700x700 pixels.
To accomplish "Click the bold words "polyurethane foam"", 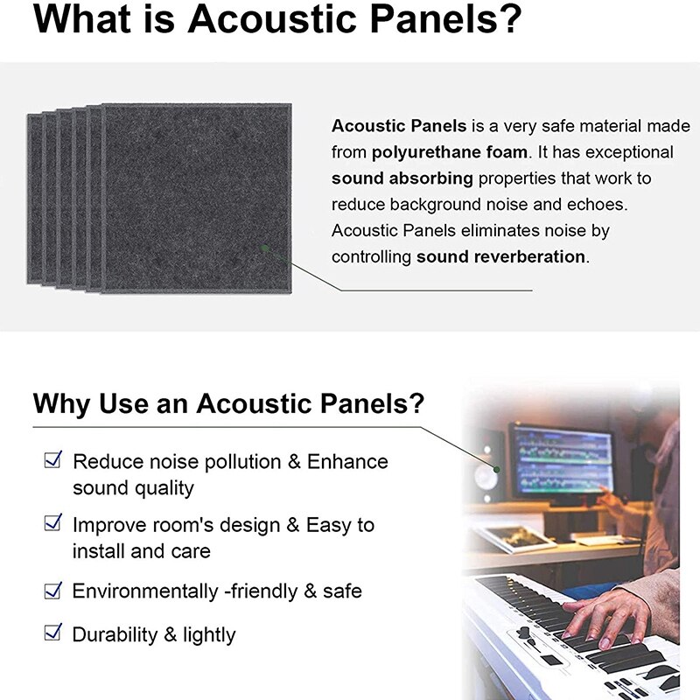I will tap(450, 152).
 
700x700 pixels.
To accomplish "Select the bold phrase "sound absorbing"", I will tap(402, 178).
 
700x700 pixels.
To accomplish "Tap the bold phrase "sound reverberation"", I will tap(500, 257).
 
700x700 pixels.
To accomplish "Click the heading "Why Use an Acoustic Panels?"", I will tap(228, 404).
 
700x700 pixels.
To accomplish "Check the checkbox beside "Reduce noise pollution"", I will tap(53, 459).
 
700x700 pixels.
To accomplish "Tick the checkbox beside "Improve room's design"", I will tap(53, 523).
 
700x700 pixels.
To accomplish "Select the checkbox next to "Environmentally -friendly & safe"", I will tap(53, 590).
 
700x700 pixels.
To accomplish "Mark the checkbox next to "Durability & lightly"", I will tap(53, 632).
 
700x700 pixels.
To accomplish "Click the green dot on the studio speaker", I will tap(496, 469).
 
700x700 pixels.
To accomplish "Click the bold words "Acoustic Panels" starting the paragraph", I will tap(398, 126).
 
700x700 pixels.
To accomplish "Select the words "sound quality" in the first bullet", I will tap(133, 487).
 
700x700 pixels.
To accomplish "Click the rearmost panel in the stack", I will tap(32, 201).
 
